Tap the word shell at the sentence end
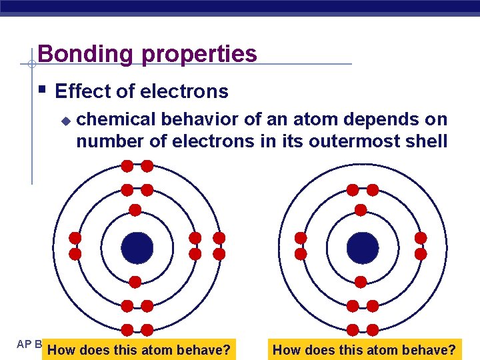click(x=426, y=141)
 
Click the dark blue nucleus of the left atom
click(x=137, y=247)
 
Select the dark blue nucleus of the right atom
click(x=363, y=247)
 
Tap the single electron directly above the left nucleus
click(x=135, y=210)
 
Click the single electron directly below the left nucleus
click(x=135, y=281)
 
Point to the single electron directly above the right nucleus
click(x=361, y=210)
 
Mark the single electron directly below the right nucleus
click(x=361, y=281)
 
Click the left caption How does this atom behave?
click(x=140, y=349)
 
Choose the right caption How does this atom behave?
click(x=365, y=349)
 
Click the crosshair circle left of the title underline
click(x=31, y=65)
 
